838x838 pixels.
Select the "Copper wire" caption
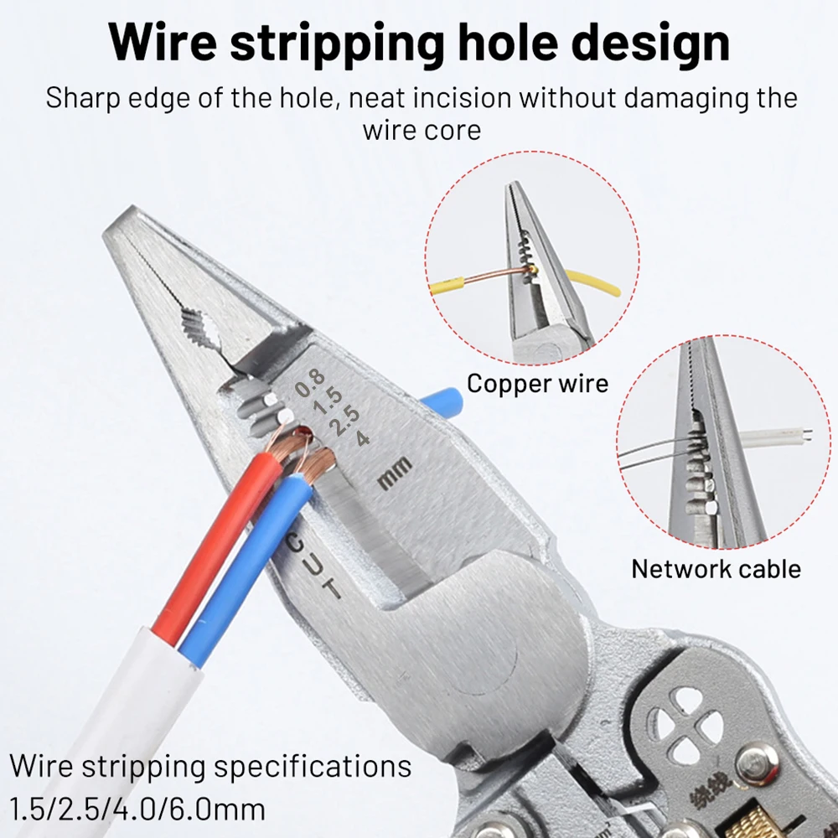click(537, 384)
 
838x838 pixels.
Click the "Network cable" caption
click(716, 569)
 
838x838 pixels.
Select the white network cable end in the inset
click(775, 437)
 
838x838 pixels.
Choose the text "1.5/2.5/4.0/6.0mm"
click(137, 810)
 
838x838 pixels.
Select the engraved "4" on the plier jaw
click(362, 437)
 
